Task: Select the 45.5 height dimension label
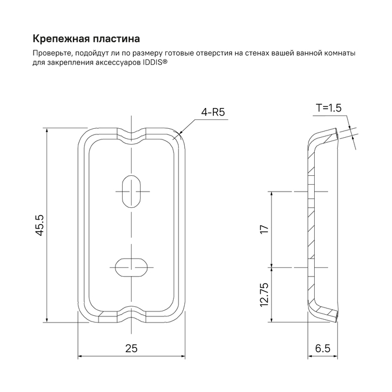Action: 40,225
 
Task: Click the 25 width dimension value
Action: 131,348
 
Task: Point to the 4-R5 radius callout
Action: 213,113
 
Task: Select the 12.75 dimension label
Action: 265,295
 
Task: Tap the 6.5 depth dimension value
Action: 323,348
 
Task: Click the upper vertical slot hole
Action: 132,192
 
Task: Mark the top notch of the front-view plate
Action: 132,133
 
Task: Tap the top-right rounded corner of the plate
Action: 178,136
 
